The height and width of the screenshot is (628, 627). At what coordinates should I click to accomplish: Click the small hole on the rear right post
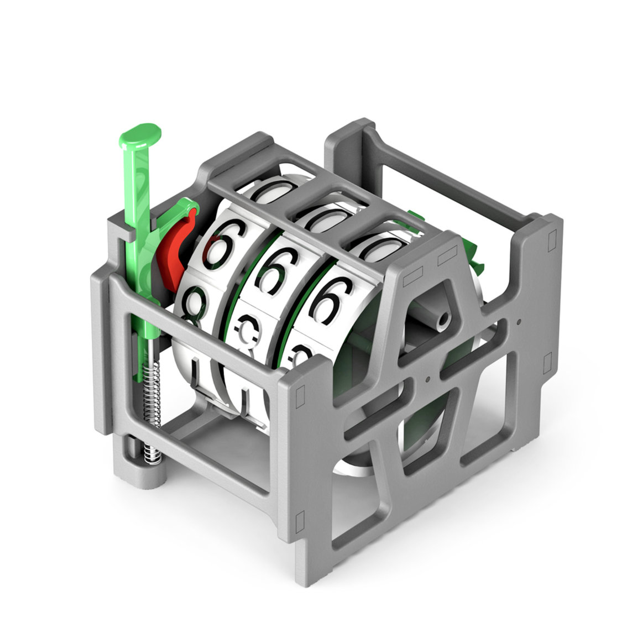click(519, 321)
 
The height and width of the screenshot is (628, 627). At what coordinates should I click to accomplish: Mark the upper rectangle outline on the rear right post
click(552, 239)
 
